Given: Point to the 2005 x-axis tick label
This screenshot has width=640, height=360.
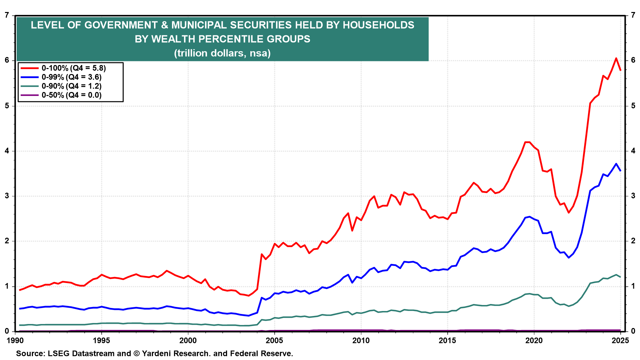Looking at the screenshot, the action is [x=274, y=340].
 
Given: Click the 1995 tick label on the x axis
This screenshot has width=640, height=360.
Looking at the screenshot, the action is [x=101, y=340].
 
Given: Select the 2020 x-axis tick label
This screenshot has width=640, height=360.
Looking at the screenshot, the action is [x=534, y=340].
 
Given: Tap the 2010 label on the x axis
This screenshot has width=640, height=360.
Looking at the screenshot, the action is [x=361, y=340].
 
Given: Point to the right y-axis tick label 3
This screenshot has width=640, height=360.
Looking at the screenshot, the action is [x=633, y=196].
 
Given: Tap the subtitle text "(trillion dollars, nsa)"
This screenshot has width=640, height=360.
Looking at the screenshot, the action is [x=222, y=53].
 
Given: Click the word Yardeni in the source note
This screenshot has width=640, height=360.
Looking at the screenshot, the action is [x=156, y=354].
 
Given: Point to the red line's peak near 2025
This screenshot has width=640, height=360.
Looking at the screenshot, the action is [x=616, y=58].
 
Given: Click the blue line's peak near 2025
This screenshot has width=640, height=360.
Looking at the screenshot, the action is [x=616, y=164].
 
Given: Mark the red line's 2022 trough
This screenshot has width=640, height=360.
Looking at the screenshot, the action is [x=569, y=213].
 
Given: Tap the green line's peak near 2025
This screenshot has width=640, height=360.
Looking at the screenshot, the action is [x=616, y=275].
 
